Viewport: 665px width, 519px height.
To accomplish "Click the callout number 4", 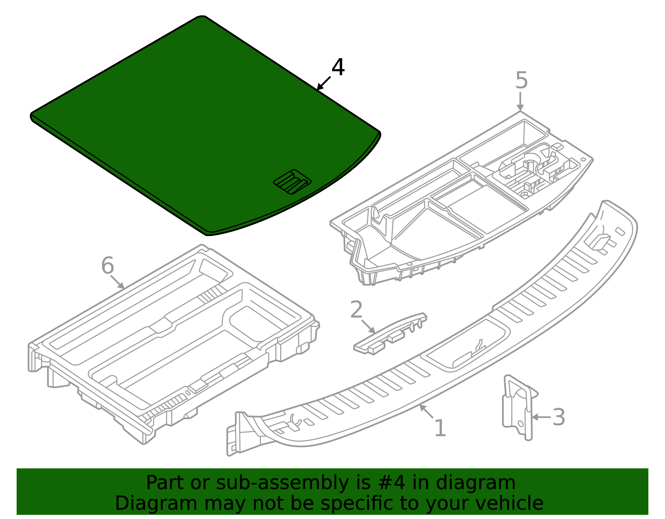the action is [x=338, y=67].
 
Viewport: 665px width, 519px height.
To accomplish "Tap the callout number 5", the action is [x=522, y=80].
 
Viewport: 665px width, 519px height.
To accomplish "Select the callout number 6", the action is [x=107, y=265].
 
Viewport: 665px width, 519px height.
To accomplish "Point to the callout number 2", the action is [x=356, y=310].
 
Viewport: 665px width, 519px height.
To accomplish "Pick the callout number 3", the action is [x=559, y=417].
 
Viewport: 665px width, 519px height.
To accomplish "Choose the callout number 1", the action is [x=440, y=428].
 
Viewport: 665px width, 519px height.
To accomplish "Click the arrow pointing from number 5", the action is [x=520, y=101].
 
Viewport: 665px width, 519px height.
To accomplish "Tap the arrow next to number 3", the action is [x=541, y=417].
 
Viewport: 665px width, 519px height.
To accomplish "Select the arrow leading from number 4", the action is [x=323, y=84].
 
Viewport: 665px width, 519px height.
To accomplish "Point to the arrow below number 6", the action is [x=118, y=282].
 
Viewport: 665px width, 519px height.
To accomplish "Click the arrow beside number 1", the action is [x=426, y=411].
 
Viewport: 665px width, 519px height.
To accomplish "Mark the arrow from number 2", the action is [x=368, y=326].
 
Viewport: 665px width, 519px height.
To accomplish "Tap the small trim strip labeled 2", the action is [x=390, y=334].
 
